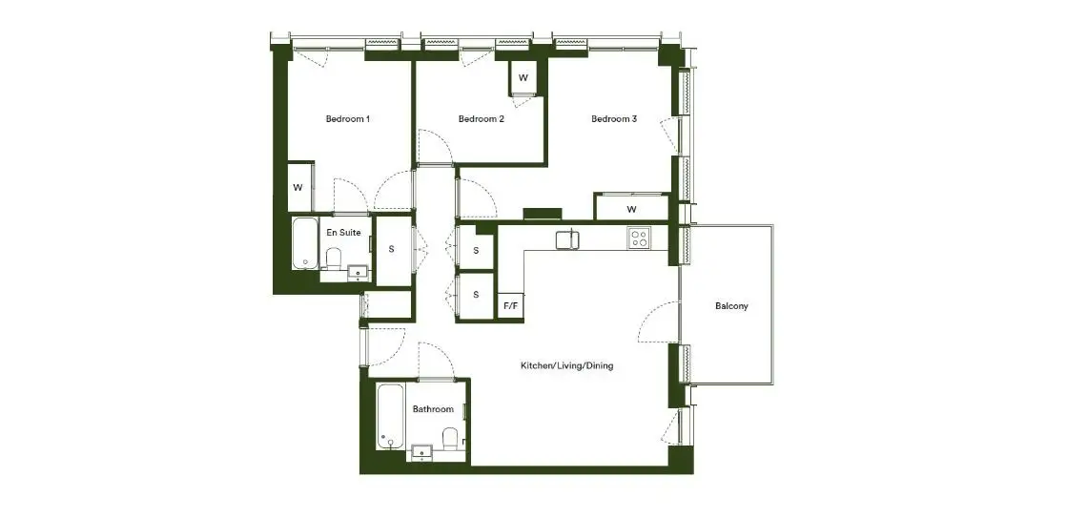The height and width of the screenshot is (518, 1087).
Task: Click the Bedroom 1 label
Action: click(x=347, y=119)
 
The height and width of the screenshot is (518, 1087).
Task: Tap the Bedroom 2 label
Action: click(x=482, y=119)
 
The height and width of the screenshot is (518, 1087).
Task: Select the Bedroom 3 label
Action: click(x=614, y=119)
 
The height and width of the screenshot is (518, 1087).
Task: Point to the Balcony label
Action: click(x=732, y=306)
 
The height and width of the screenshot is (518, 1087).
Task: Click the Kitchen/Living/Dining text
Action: click(x=567, y=365)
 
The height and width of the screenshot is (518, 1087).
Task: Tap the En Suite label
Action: click(x=344, y=233)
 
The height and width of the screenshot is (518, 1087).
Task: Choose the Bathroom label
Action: click(x=433, y=409)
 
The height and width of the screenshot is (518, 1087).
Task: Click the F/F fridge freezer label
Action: click(x=511, y=306)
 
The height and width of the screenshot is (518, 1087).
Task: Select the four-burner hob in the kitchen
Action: click(x=639, y=238)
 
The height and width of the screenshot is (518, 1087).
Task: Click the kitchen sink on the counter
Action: click(x=567, y=239)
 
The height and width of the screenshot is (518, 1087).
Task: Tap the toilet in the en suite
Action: click(x=334, y=258)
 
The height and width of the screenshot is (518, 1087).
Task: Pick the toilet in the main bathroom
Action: click(x=449, y=438)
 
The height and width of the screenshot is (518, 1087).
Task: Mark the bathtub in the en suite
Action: click(x=304, y=244)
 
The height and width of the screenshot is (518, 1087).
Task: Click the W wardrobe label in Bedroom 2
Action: click(x=523, y=77)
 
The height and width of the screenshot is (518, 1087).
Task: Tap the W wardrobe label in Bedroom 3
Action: click(x=631, y=210)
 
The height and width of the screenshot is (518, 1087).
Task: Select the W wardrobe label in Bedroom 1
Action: click(x=297, y=187)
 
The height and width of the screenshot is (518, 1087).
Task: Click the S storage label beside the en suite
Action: click(x=392, y=249)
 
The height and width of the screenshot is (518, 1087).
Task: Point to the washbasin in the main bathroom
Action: click(x=421, y=453)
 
